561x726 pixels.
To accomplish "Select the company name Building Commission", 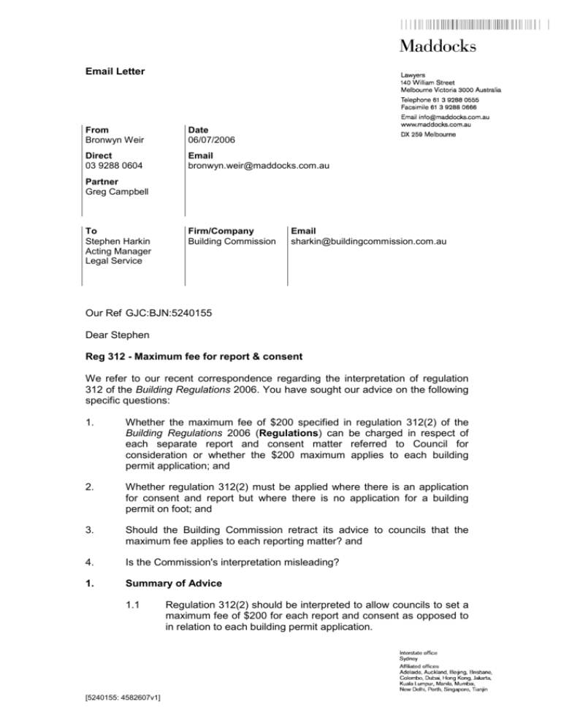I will [x=229, y=240].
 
